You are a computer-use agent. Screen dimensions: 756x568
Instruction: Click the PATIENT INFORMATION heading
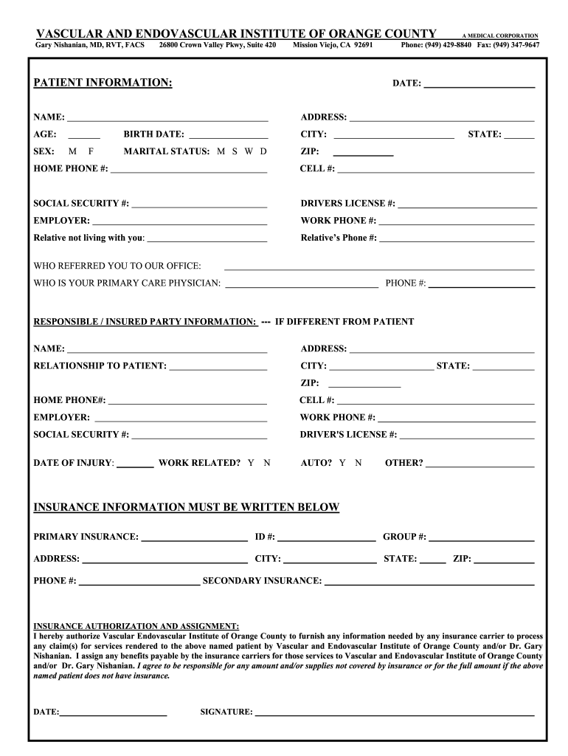103,83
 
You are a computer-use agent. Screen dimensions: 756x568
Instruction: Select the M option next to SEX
72,151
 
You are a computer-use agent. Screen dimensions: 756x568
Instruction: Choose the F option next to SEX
91,151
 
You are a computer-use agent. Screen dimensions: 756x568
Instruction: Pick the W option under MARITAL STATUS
249,151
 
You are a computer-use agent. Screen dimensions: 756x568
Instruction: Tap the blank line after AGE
84,136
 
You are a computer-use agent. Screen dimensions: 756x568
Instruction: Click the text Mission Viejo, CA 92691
333,45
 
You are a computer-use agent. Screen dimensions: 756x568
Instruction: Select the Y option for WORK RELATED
251,463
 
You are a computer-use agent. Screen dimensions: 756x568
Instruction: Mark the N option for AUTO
358,463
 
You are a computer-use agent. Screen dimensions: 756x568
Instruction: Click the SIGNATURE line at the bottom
394,714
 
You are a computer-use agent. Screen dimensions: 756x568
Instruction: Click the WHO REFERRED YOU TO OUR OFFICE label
117,266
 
